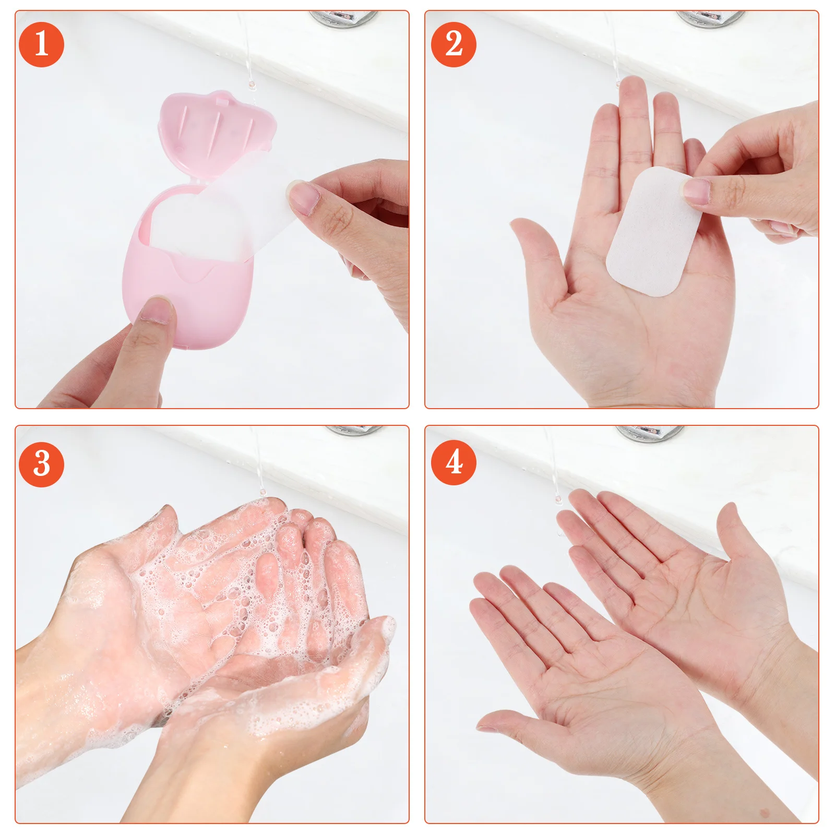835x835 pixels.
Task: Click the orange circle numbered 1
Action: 41,44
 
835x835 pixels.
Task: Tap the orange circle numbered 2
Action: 453,44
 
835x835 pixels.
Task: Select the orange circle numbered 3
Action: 41,464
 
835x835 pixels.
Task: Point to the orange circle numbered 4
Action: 453,462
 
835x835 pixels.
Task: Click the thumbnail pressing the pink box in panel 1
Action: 157,311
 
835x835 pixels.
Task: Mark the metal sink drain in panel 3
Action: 355,430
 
